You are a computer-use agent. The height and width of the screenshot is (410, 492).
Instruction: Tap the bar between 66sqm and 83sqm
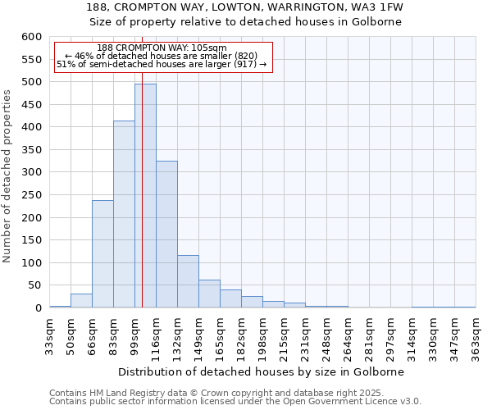pos(102,253)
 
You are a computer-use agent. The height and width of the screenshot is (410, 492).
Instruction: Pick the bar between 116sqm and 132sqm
pos(166,234)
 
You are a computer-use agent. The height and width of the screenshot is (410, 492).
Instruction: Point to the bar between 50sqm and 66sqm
pos(81,301)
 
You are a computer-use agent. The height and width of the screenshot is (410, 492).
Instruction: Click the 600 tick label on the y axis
pos(30,37)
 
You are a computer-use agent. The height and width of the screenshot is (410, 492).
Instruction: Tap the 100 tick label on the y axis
pos(30,263)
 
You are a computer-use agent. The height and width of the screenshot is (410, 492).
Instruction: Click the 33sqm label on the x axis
pos(50,335)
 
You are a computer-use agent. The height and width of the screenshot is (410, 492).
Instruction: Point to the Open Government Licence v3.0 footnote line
pos(235,402)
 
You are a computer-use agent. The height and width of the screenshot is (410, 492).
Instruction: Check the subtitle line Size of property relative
pos(245,21)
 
